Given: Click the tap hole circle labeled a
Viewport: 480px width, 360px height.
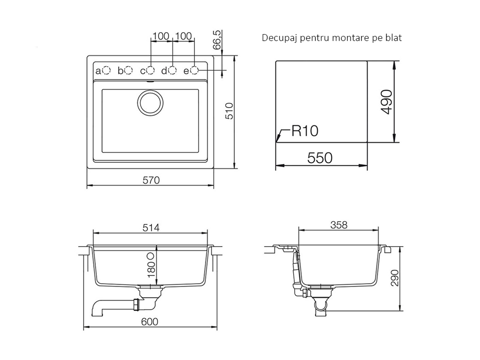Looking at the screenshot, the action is (106, 71).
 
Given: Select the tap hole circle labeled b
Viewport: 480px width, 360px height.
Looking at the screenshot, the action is (129, 71).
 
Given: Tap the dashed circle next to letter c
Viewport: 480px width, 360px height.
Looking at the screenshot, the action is (151, 71).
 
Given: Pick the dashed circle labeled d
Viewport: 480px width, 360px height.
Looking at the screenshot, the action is (173, 71).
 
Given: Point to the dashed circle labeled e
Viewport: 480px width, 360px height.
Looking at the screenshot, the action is (194, 71).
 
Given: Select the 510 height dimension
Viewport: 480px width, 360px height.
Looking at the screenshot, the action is (229, 111).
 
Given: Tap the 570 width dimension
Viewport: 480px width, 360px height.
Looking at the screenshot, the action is (151, 180).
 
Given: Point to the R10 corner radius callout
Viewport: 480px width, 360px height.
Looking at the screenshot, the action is (305, 131).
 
